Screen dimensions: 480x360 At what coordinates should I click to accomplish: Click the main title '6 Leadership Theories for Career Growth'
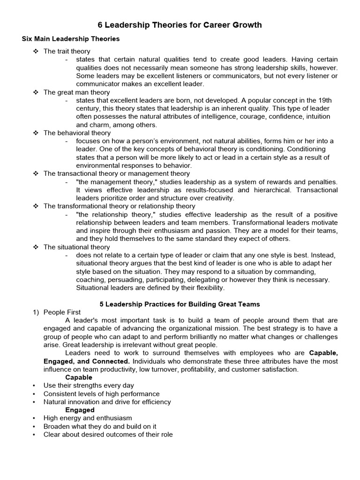(180, 25)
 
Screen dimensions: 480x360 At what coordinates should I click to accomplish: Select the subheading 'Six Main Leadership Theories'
(71, 39)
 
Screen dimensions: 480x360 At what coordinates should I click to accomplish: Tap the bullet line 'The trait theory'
(67, 51)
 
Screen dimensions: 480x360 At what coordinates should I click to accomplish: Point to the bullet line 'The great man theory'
(76, 92)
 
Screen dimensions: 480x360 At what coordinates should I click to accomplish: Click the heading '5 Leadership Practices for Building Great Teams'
(180, 304)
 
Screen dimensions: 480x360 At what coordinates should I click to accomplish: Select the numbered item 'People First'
(62, 312)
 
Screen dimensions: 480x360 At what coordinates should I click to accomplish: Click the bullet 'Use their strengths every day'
(89, 385)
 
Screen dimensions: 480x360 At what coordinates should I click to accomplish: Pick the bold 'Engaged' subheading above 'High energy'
(80, 410)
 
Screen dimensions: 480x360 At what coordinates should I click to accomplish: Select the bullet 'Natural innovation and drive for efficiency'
(107, 402)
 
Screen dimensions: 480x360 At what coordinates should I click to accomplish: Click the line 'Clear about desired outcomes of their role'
(108, 434)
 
